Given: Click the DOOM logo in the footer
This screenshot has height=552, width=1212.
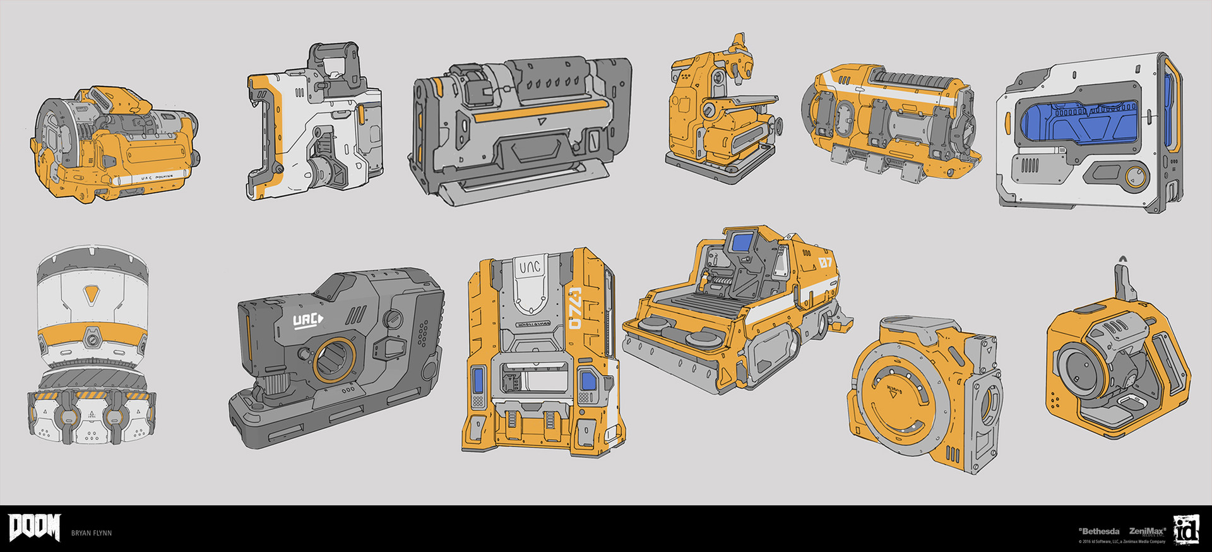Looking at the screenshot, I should [34, 527].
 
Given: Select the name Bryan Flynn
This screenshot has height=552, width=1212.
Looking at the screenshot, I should [92, 533].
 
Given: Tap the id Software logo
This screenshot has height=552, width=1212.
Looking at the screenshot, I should [1185, 529].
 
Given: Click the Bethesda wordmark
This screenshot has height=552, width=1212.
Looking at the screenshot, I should [1099, 531].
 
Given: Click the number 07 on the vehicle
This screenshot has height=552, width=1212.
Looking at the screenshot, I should [826, 262].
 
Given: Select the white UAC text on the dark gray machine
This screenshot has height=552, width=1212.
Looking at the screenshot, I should [307, 320].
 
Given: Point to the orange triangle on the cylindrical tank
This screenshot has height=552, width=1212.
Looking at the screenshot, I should [92, 292].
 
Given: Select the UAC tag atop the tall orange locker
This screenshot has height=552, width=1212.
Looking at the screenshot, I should [530, 268].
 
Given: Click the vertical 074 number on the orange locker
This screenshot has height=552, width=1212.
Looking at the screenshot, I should [574, 309].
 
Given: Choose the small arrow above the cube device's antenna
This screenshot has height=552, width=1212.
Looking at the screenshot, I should [1122, 258].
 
